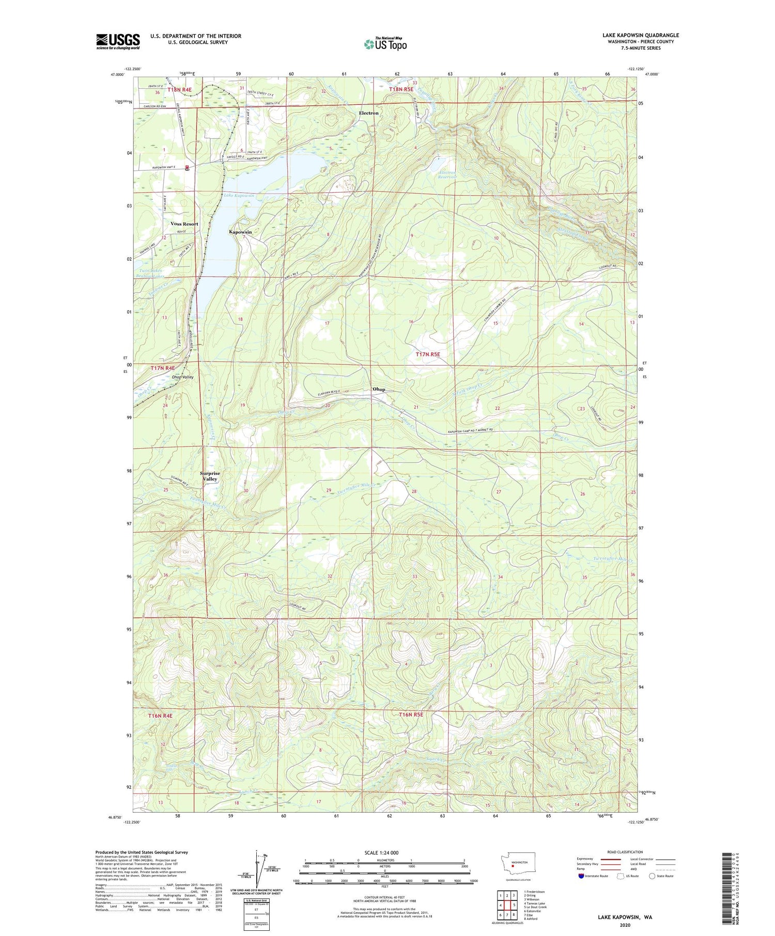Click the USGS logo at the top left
pos(118,41)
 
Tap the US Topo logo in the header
pos(385,44)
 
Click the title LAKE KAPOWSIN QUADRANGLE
pos(640,35)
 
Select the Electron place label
pos(369,113)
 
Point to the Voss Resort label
pos(184,224)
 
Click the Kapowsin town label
pos(240,232)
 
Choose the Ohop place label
pos(379,389)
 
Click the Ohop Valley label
pos(182,377)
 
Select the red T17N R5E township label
pos(428,354)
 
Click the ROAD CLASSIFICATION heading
pos(625,852)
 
